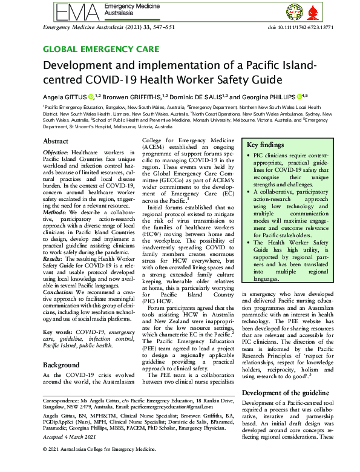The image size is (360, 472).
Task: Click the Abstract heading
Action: tap(56, 141)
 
